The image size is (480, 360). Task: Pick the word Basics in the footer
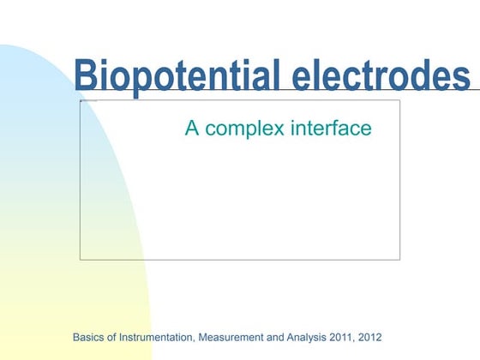90,337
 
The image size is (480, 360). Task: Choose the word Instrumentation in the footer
150,337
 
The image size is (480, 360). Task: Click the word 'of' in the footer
114,337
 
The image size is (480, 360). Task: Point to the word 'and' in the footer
276,337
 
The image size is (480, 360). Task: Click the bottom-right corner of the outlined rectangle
399,259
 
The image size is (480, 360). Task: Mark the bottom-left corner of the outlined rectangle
80,259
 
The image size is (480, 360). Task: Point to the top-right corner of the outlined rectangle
399,100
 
